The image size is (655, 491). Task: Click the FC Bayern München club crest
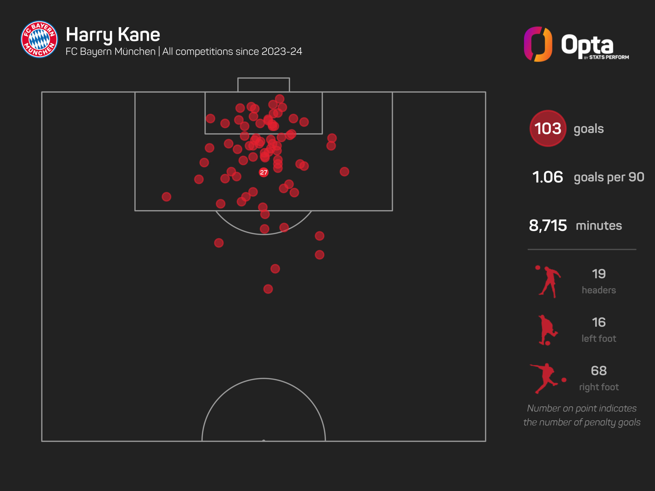coord(39,39)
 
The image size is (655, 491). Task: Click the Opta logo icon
coord(538,44)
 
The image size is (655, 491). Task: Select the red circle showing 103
coord(548,128)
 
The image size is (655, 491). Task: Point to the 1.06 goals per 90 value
coord(548,177)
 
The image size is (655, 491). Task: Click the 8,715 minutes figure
coord(548,226)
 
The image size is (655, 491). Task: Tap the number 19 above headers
coord(598,274)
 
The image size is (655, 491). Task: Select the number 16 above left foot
coord(598,322)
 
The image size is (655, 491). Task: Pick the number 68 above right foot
coord(598,371)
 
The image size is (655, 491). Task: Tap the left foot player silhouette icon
coord(547,330)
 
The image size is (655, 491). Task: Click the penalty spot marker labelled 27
coord(264,172)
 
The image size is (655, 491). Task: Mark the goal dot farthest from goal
coord(268,289)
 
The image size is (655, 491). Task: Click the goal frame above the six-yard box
coord(264,85)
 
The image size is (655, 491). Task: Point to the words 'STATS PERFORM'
coord(609,57)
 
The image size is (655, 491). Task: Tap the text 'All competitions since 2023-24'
coord(232,51)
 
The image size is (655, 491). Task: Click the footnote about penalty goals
coord(582,415)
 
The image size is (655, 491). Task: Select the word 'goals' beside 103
coord(588,129)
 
